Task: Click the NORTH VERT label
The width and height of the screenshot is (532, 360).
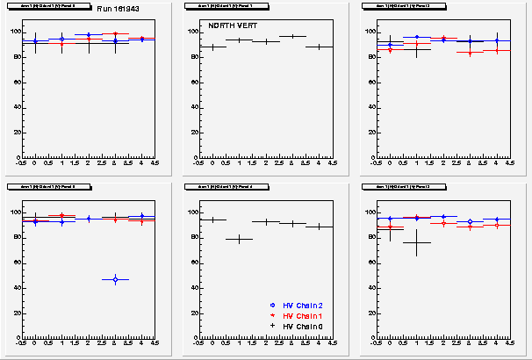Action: point(227,26)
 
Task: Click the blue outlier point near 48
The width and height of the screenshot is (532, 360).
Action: point(115,279)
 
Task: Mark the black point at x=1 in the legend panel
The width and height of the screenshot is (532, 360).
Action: point(239,239)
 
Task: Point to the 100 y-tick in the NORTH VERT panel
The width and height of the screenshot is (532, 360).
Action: point(191,32)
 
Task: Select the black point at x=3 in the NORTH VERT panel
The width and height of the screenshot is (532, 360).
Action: point(292,36)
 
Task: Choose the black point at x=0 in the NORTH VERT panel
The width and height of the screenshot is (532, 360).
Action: point(212,47)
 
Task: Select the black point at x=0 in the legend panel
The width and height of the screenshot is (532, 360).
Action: point(212,220)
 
